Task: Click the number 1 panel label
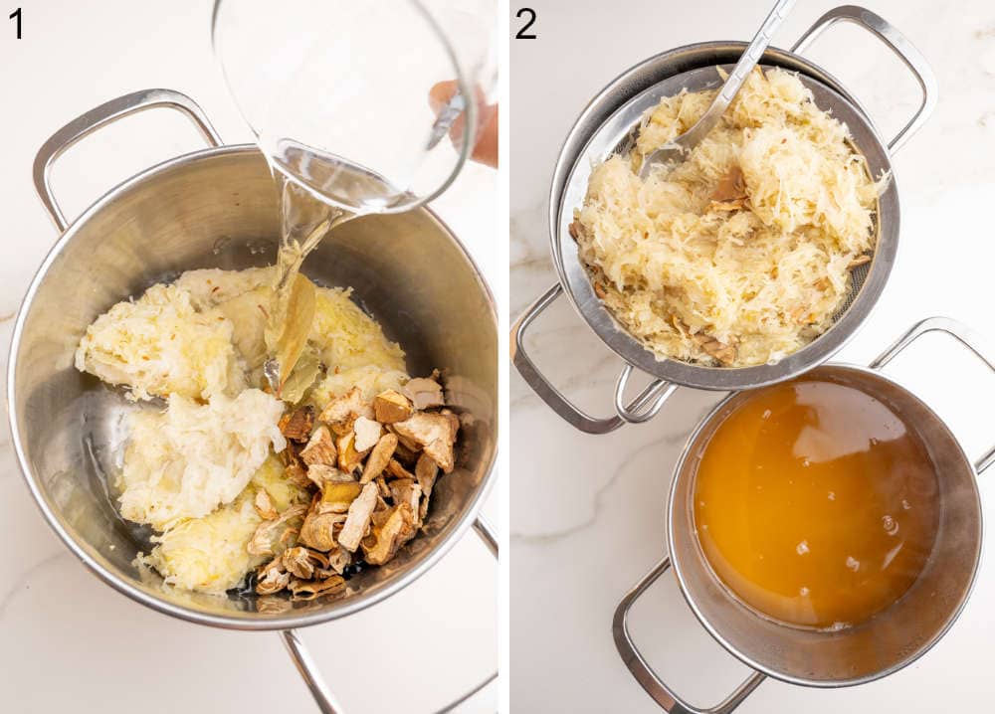(x=16, y=23)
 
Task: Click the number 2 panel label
(x=525, y=23)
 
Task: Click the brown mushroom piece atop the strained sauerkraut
(x=728, y=189)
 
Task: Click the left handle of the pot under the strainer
(x=547, y=368)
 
